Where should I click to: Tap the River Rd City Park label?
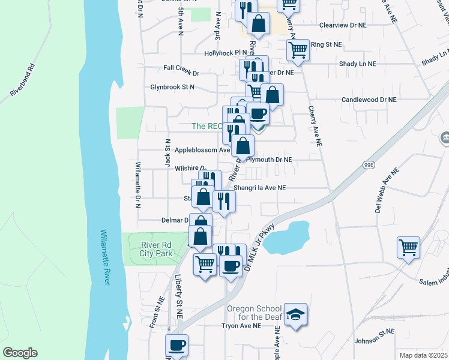pos(157,249)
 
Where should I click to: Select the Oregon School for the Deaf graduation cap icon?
pos(295,315)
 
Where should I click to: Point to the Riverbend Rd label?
pos(23,81)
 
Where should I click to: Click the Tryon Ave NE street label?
pos(241,326)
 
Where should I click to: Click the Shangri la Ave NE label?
pos(260,188)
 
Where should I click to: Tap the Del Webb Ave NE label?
pos(387,189)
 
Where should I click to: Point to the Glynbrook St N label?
pos(173,87)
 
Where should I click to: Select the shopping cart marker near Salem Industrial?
pos(408,246)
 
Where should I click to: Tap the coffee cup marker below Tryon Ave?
pos(176,345)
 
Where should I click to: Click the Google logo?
pos(20,353)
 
